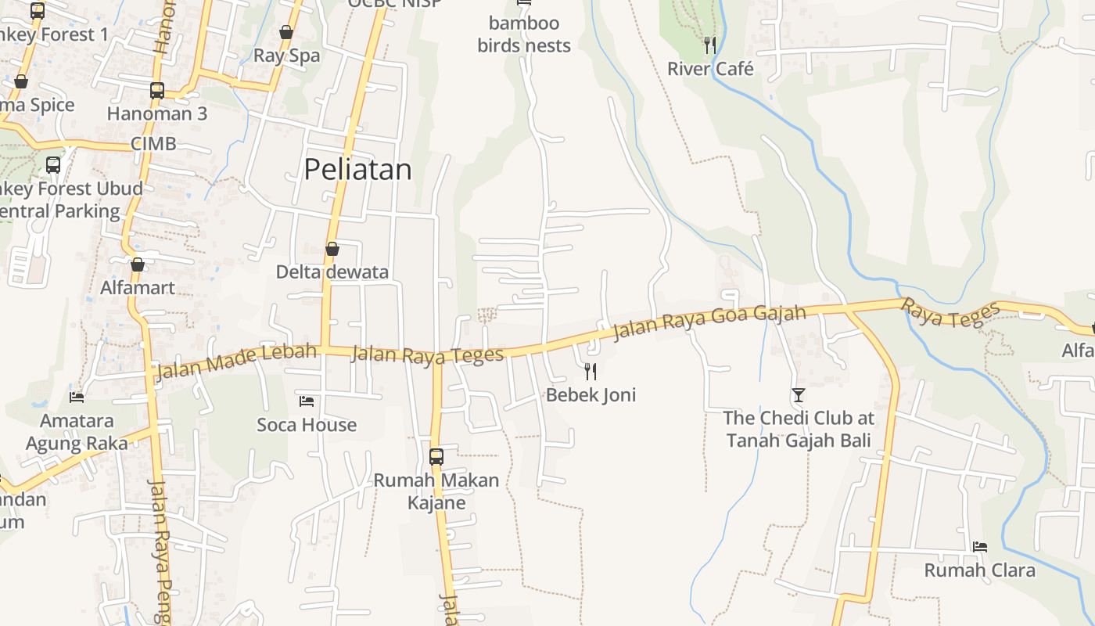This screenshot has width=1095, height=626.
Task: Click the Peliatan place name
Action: click(357, 169)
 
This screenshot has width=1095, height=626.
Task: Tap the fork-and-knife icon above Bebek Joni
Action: click(591, 371)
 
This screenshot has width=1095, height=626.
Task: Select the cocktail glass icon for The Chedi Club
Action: click(798, 395)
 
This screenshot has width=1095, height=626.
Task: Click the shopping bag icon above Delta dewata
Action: click(332, 249)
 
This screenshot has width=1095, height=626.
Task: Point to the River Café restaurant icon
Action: click(709, 45)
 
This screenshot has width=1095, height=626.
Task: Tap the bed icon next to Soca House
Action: click(307, 401)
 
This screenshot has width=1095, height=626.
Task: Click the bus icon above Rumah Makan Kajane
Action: click(436, 456)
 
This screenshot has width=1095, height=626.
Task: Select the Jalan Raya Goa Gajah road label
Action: click(709, 322)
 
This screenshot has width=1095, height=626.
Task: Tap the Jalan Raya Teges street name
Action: click(427, 355)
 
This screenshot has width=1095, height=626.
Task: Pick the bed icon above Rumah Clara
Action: click(979, 546)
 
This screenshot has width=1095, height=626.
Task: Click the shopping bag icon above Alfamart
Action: click(138, 264)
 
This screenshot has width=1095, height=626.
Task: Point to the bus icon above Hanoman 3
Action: click(157, 90)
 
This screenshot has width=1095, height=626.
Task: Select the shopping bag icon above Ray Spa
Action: click(286, 32)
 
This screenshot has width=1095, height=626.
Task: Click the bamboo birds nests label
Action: click(524, 34)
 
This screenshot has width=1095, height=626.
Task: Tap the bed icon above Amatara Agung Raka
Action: click(77, 398)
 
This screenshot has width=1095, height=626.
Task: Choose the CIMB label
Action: click(153, 144)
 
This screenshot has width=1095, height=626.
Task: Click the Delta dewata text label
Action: click(332, 272)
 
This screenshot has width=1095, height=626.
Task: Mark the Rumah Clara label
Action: click(979, 570)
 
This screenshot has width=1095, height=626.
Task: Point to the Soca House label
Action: click(307, 425)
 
